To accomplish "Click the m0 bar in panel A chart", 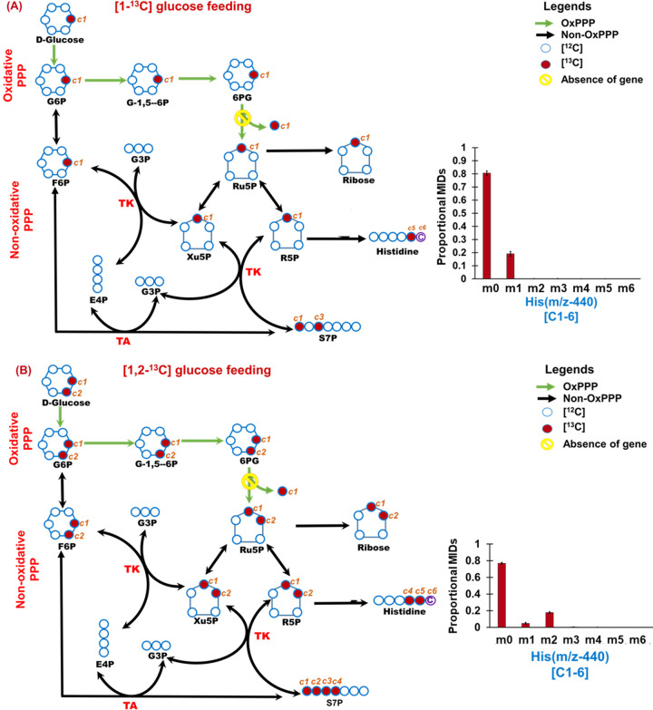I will pyautogui.click(x=487, y=226).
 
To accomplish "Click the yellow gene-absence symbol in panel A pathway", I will pyautogui.click(x=241, y=117).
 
